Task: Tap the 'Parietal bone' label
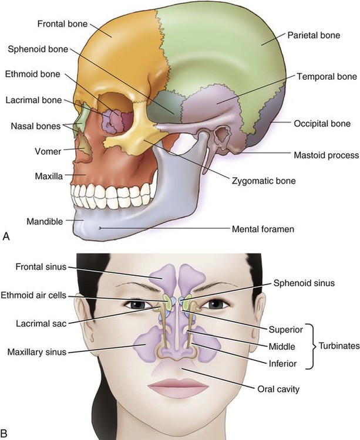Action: [314, 36]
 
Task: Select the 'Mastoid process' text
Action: [325, 155]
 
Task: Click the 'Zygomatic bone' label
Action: [264, 181]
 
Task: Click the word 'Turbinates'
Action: [339, 347]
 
